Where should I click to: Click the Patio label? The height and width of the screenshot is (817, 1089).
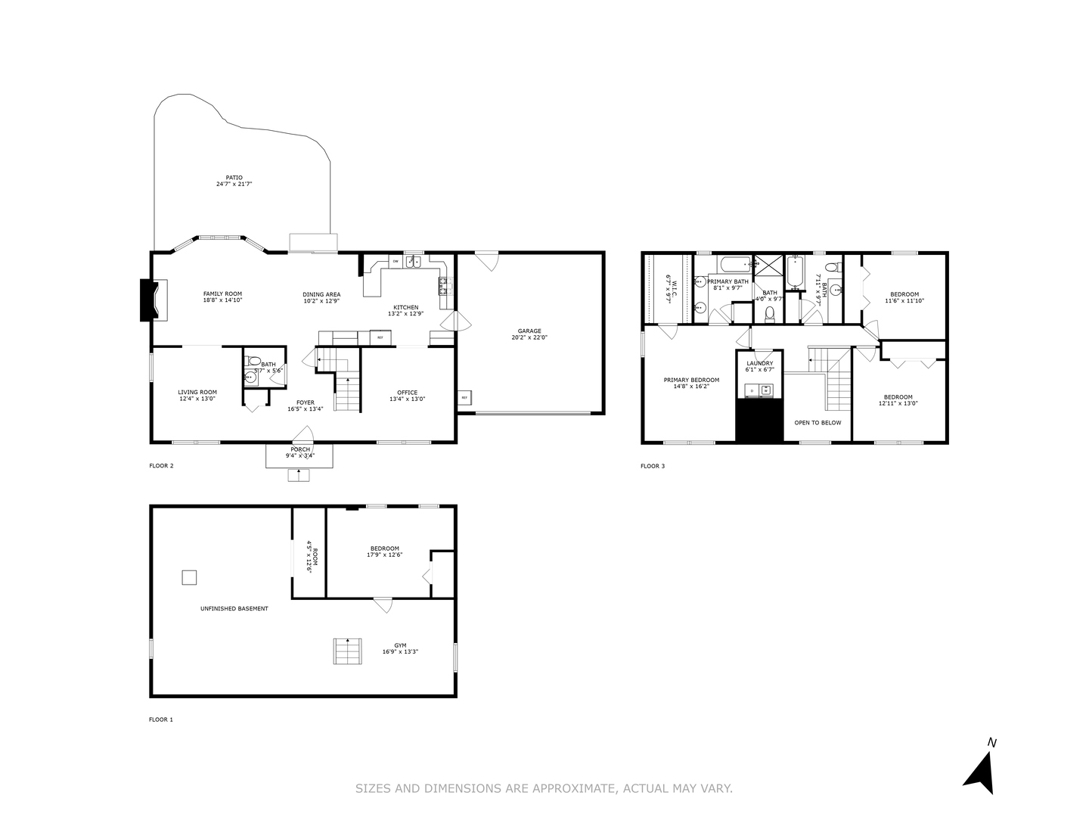point(234,177)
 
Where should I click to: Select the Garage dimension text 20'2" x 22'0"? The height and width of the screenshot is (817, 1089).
point(529,337)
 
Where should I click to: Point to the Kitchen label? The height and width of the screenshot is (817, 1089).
point(405,307)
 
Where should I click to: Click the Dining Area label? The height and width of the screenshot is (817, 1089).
point(321,294)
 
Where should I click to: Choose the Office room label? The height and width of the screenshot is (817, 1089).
point(407,392)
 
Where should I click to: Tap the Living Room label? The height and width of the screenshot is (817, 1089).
point(197,392)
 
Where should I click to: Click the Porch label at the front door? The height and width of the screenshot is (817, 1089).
point(300,449)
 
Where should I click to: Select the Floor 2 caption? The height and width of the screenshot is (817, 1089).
point(161,466)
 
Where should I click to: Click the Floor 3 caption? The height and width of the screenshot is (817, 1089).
point(653,466)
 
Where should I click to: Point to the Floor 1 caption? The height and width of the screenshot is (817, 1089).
point(161,719)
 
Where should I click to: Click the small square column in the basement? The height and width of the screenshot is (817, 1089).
point(189,577)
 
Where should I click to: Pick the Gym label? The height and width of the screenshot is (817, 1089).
point(400,645)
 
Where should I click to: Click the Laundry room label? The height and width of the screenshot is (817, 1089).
point(760,363)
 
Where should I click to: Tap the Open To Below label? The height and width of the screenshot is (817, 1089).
point(818,423)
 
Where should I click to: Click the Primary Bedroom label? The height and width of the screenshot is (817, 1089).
point(691,380)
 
